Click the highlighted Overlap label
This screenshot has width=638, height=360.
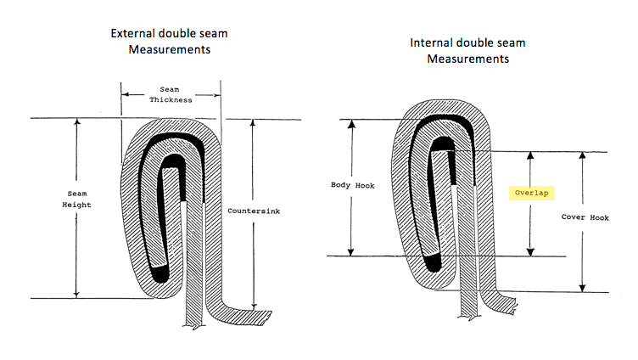[530, 193]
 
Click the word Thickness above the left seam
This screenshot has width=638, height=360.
[171, 99]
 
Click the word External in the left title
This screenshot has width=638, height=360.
[136, 34]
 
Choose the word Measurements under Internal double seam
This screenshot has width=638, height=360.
[468, 59]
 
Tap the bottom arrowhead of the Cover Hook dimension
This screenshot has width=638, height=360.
[582, 287]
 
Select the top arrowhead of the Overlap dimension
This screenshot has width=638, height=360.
[531, 156]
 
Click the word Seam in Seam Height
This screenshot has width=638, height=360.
[77, 194]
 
